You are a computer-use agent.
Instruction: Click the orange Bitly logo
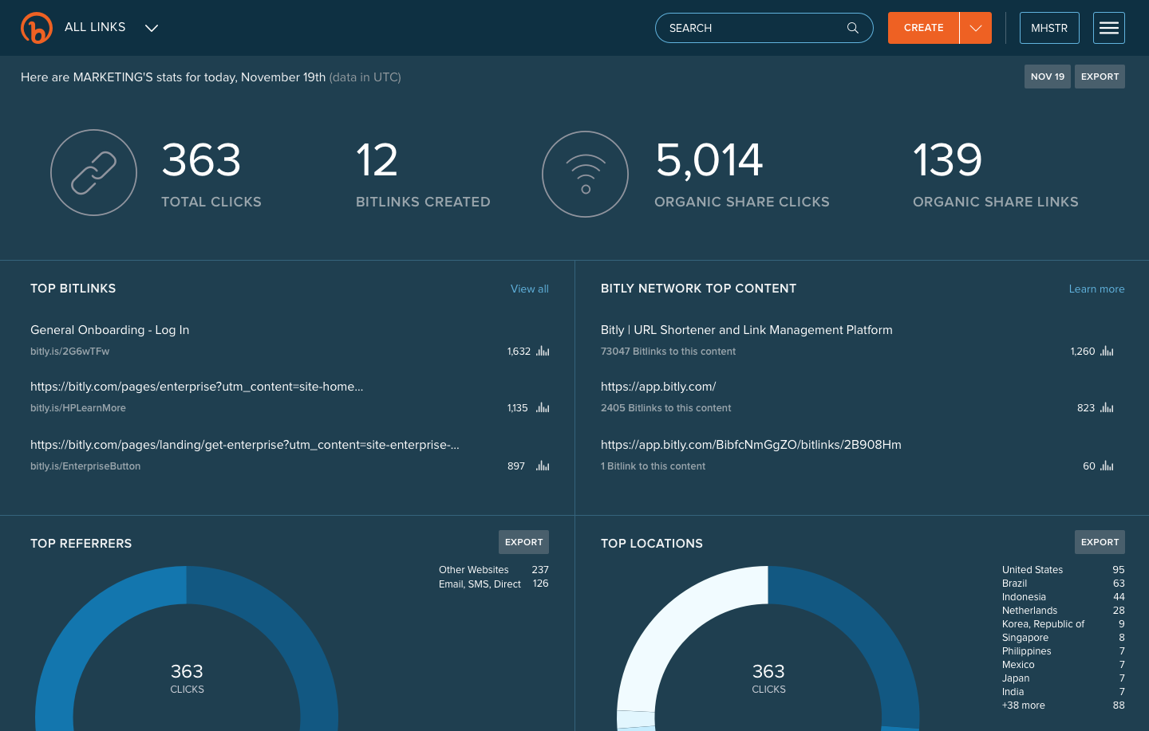[37, 28]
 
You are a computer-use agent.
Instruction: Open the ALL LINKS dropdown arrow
[152, 28]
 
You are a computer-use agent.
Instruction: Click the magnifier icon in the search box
[853, 28]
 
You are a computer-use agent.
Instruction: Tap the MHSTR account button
[1048, 28]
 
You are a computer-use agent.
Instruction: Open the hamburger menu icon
[1108, 28]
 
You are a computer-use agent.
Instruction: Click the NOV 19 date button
[1047, 77]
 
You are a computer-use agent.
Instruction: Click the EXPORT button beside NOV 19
[1100, 77]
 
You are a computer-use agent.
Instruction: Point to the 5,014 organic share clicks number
[709, 160]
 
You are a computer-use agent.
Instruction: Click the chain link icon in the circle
[93, 173]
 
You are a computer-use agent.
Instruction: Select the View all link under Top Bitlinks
[529, 289]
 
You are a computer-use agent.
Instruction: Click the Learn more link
[1096, 289]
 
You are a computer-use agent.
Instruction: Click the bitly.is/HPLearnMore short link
[78, 408]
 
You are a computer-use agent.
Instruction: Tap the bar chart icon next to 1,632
[543, 352]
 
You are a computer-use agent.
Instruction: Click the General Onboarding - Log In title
[109, 330]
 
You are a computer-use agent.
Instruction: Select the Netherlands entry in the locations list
[1029, 611]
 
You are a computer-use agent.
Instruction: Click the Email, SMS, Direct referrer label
[480, 584]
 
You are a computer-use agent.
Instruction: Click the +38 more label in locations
[1023, 705]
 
